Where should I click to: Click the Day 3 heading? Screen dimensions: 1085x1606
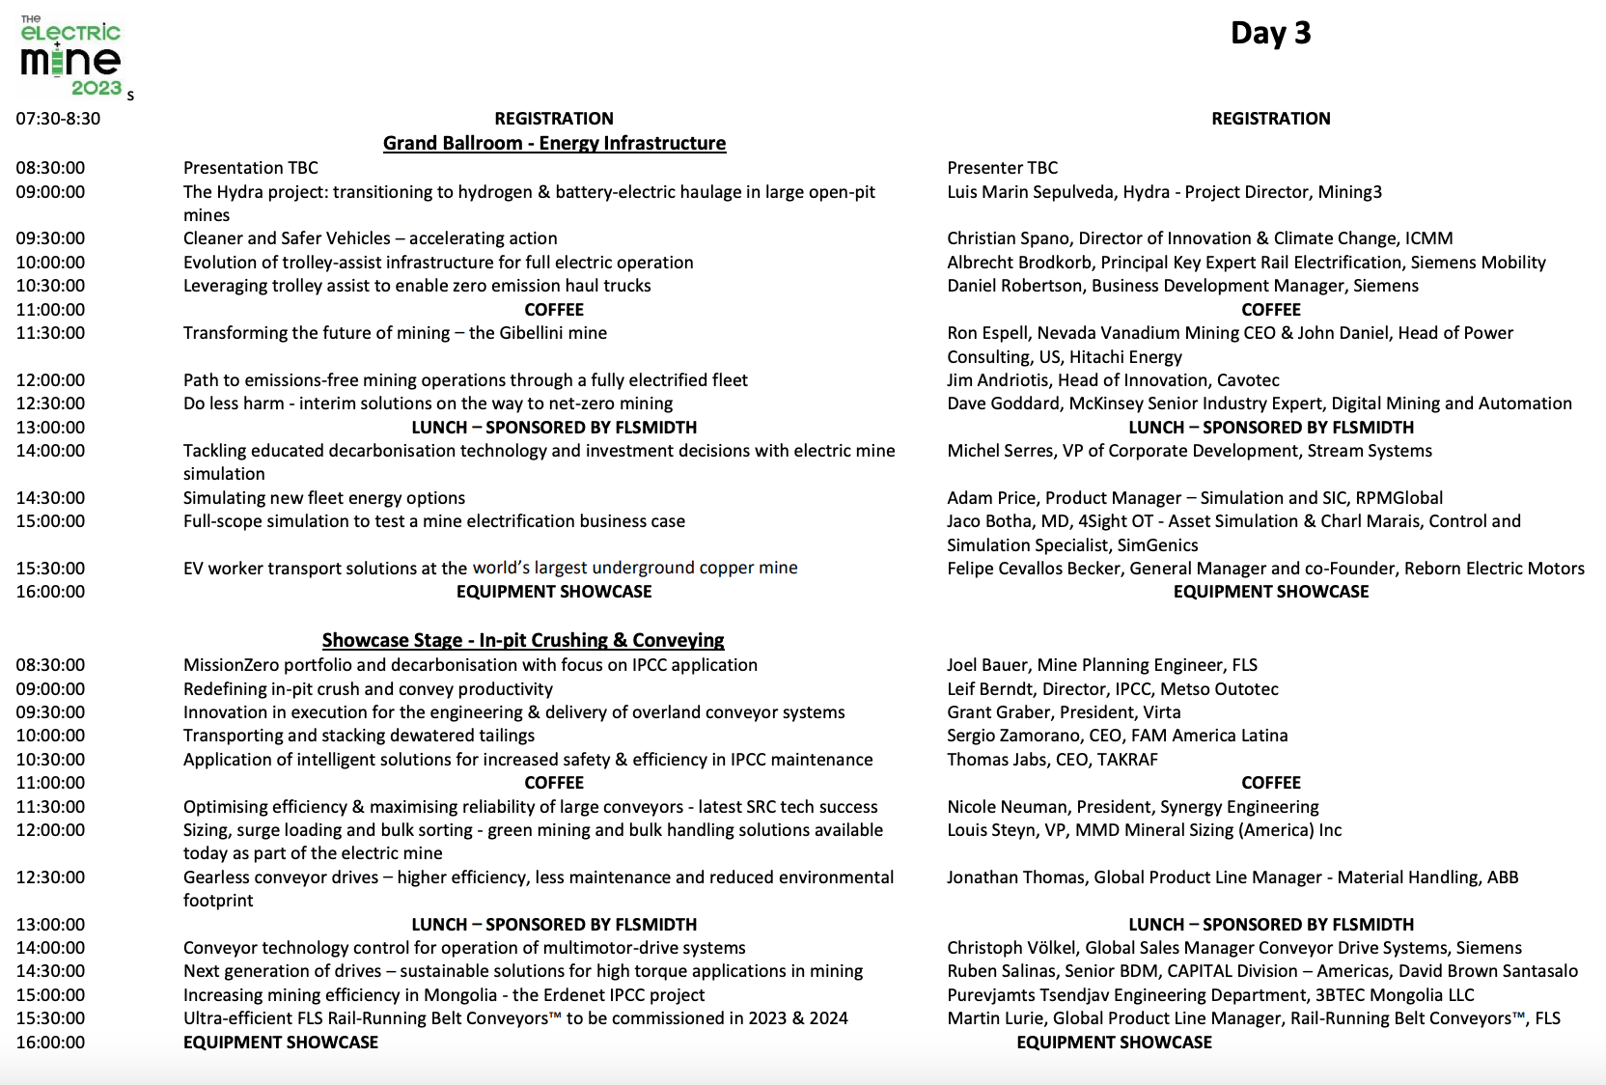click(x=1270, y=34)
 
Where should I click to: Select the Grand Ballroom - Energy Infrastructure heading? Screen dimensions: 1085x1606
click(x=554, y=144)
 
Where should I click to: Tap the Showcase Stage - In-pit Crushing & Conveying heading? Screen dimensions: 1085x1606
click(x=522, y=641)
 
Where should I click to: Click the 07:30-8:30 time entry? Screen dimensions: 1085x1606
click(x=58, y=119)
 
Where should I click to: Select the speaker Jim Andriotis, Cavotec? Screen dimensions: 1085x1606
click(x=1113, y=380)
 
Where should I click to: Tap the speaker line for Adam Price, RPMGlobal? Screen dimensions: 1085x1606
click(x=1194, y=498)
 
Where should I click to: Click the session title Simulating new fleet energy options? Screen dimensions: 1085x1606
click(x=324, y=498)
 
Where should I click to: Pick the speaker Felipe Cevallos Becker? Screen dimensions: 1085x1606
click(x=1265, y=569)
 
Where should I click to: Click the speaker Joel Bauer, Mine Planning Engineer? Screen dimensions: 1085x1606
click(x=1101, y=665)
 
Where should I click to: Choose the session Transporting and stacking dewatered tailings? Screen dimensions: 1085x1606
click(x=359, y=736)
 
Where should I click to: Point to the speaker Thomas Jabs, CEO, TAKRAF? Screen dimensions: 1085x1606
click(x=1052, y=760)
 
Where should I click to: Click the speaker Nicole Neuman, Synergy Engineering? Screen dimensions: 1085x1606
click(x=1132, y=807)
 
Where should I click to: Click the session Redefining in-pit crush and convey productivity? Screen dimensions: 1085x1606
click(x=368, y=689)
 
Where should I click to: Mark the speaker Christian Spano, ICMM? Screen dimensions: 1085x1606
click(x=1200, y=238)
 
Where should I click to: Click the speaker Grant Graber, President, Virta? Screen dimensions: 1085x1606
click(x=1064, y=712)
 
